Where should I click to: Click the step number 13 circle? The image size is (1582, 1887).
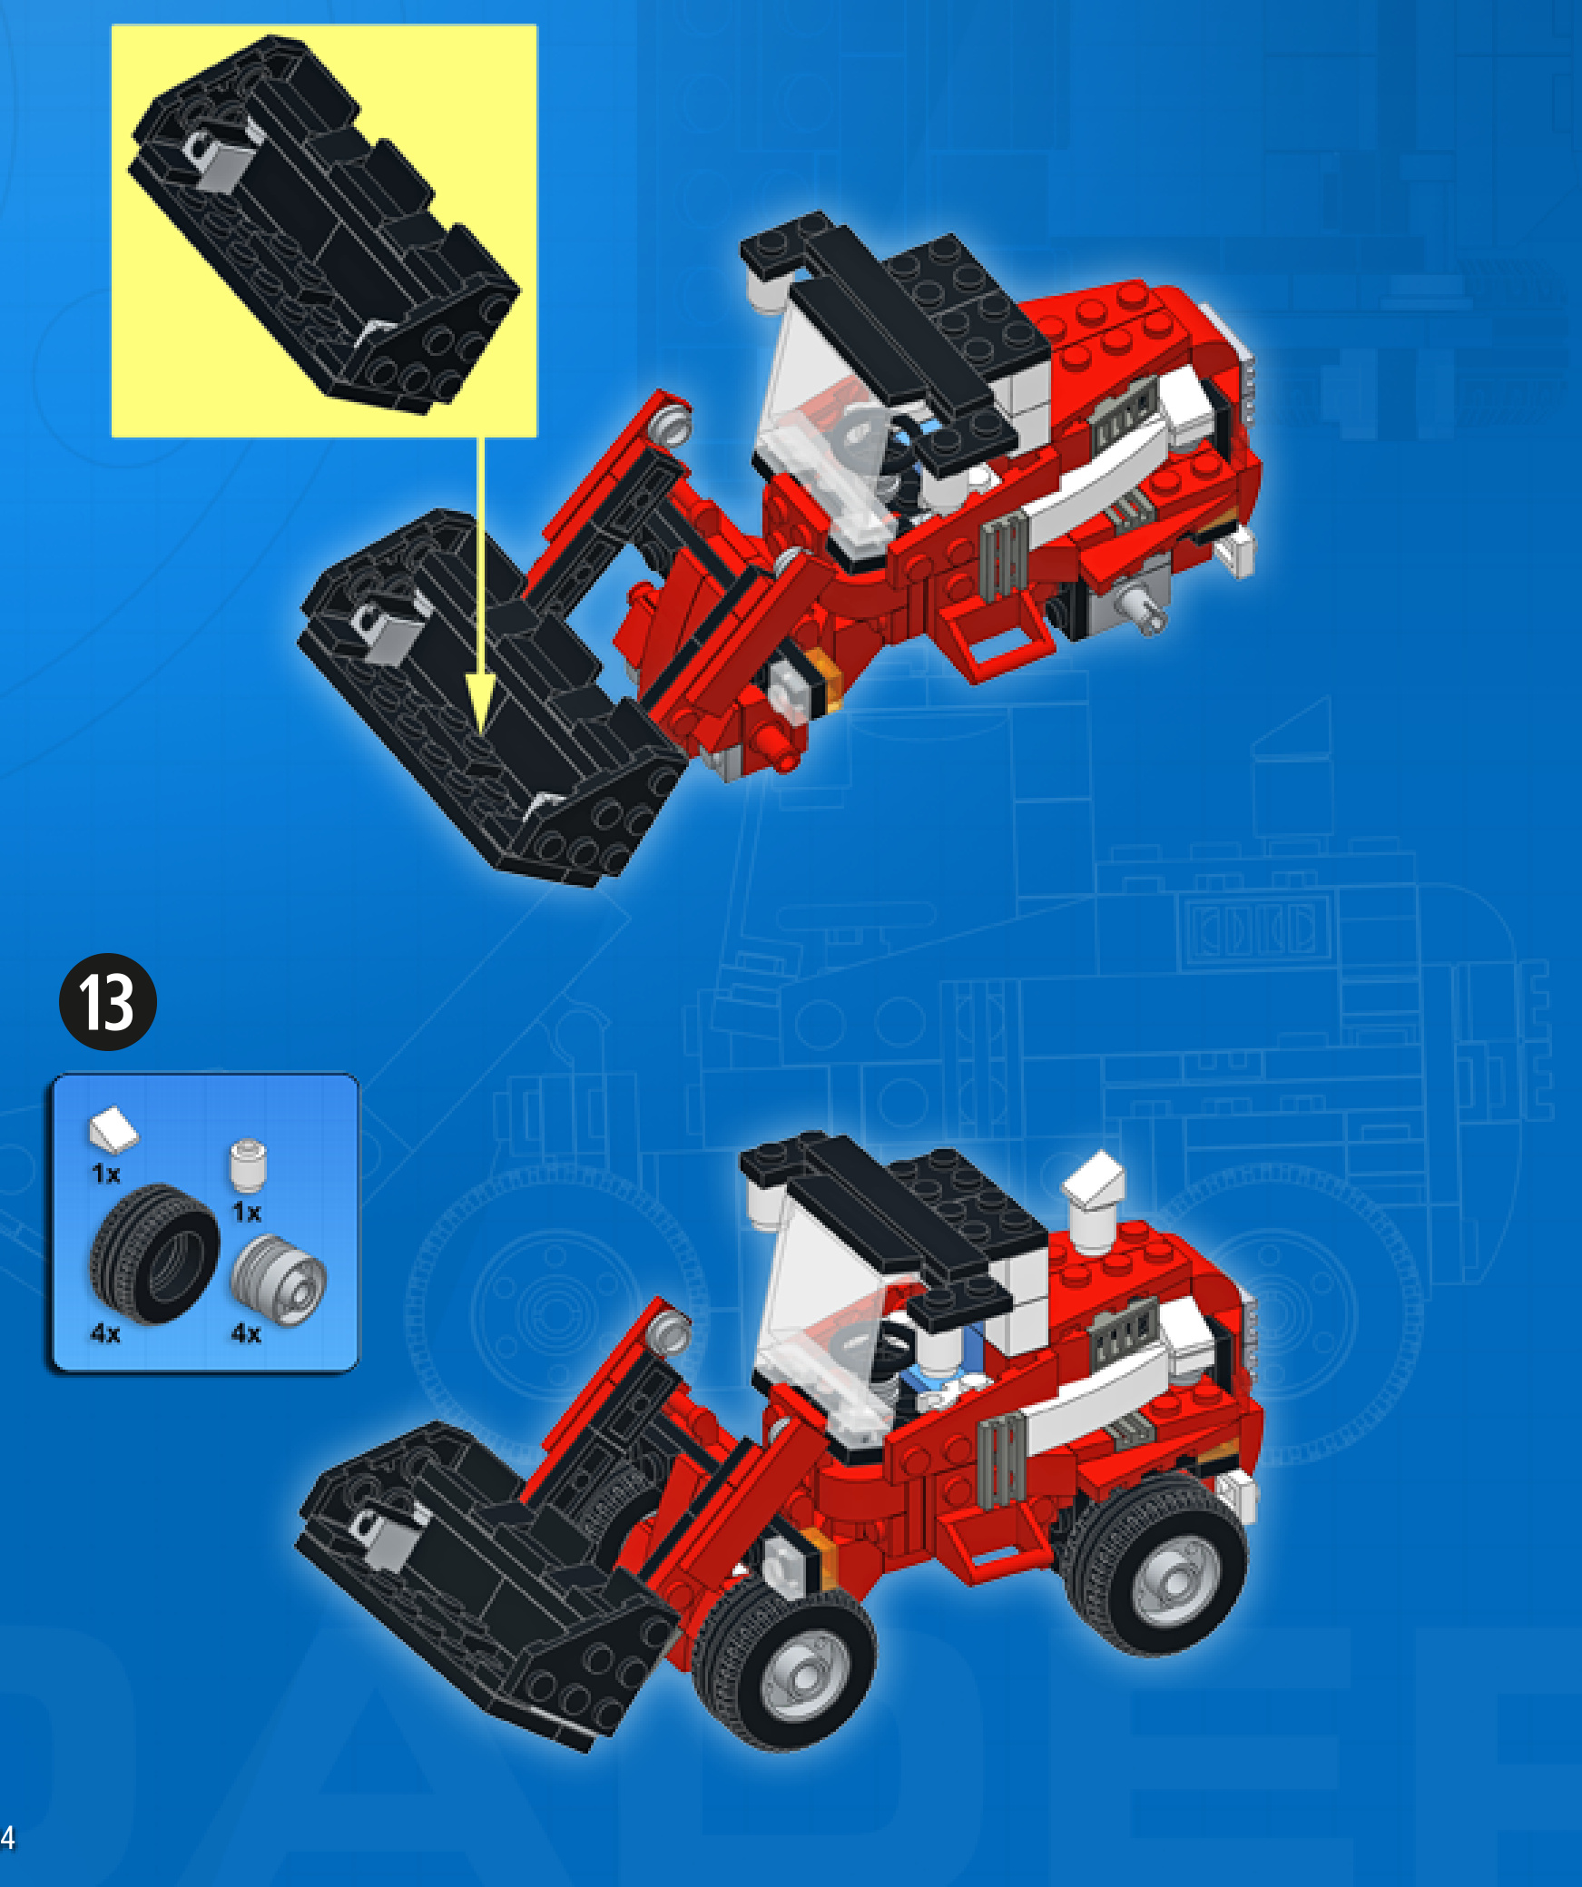click(108, 1002)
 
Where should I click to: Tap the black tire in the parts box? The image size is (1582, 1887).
click(154, 1253)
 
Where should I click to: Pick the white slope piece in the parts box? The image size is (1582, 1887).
click(113, 1128)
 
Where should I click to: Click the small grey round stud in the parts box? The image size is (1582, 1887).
click(248, 1165)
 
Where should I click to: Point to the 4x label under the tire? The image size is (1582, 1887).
click(105, 1333)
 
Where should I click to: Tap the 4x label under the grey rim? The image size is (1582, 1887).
click(246, 1333)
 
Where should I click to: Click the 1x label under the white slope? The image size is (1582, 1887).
click(105, 1174)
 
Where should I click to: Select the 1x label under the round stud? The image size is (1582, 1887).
click(247, 1212)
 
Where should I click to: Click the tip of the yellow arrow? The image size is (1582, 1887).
click(481, 732)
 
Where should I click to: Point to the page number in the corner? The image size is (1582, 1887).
click(7, 1837)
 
